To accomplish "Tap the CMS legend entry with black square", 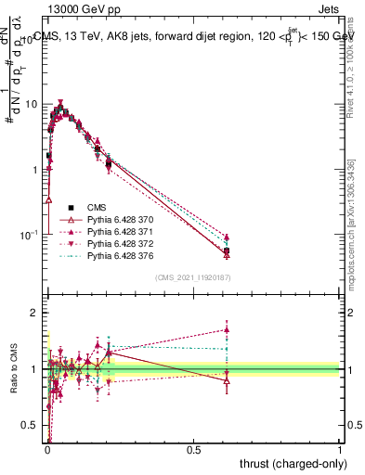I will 98,207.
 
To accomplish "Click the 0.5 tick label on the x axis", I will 193,449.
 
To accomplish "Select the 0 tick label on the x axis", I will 47,449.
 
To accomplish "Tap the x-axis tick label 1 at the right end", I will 340,449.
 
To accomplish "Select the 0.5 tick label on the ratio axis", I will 33,425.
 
